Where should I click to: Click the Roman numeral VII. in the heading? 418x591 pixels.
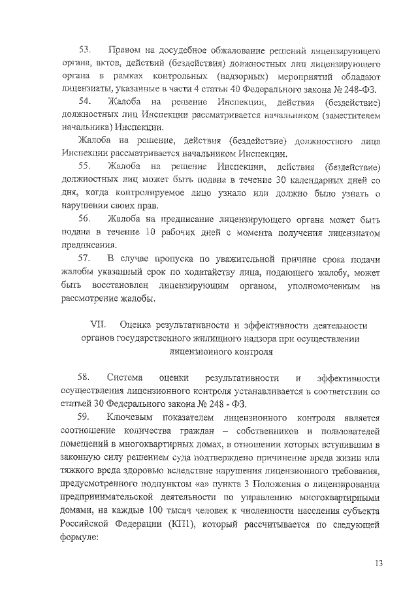point(97,325)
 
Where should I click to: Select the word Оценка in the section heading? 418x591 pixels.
point(138,325)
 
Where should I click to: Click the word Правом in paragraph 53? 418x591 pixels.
point(127,50)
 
